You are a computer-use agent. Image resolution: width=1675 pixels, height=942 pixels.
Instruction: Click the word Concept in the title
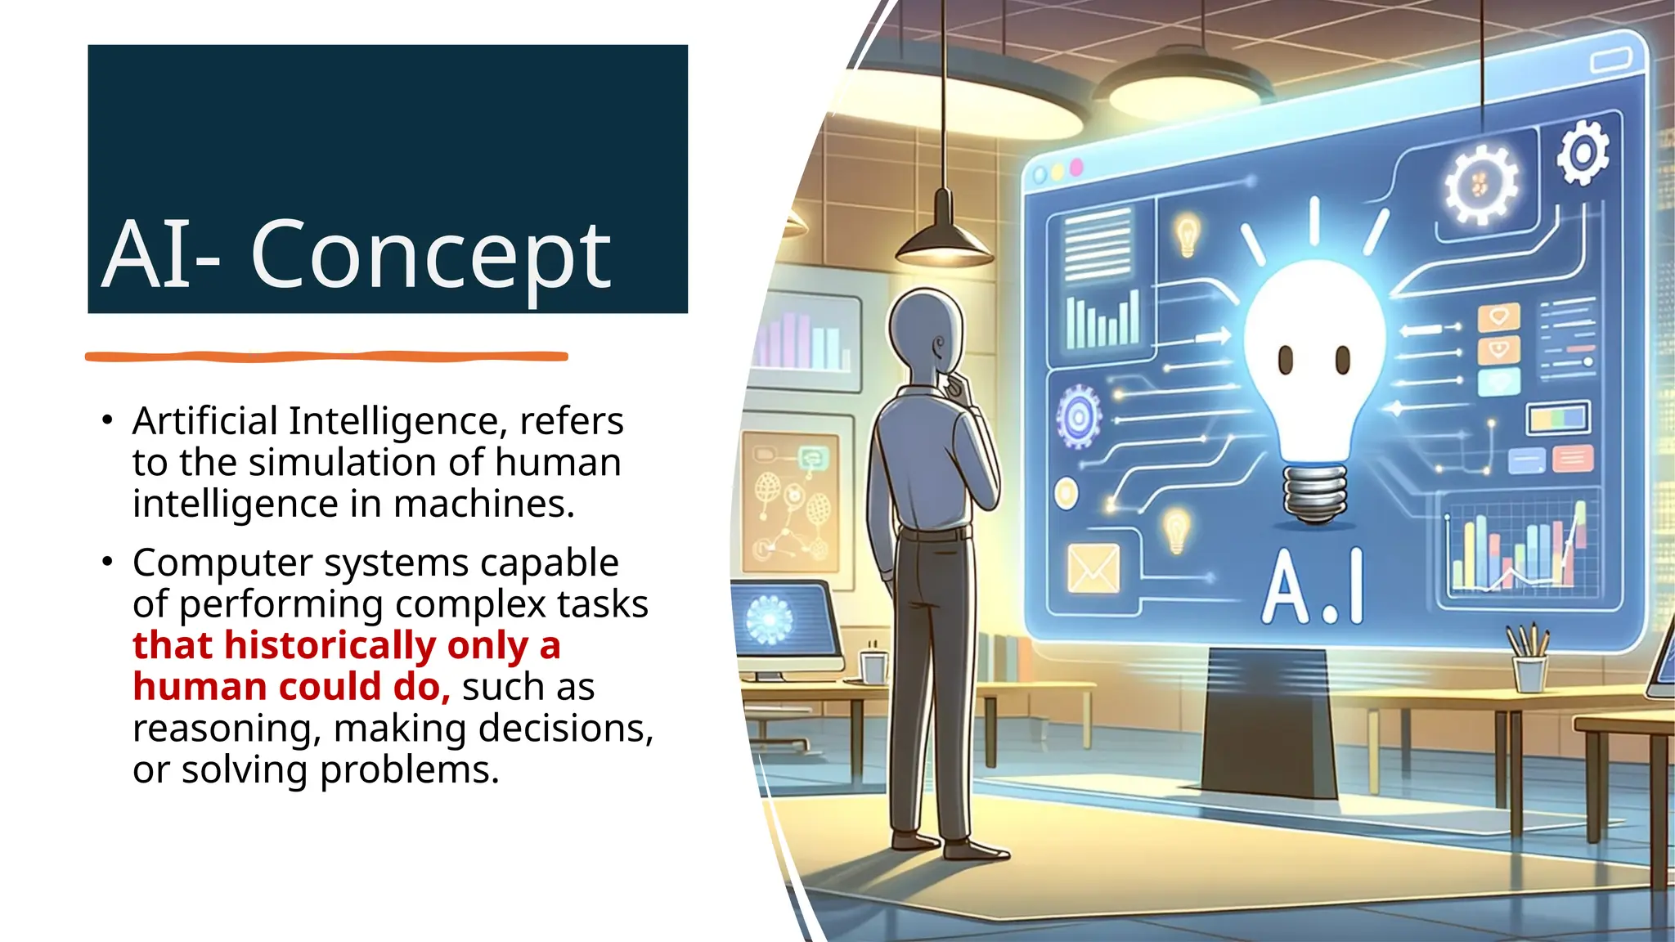pos(431,255)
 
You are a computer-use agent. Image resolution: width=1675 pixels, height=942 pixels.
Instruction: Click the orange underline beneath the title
pos(326,357)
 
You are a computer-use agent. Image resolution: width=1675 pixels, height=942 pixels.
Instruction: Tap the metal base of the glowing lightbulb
pos(1314,493)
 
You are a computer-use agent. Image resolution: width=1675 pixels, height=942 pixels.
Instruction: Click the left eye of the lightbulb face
pos(1285,360)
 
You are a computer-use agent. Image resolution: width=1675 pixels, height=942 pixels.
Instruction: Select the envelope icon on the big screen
pos(1094,568)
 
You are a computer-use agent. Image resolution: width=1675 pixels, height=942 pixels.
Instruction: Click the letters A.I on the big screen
pos(1314,585)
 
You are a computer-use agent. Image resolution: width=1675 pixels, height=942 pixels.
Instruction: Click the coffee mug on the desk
pos(873,666)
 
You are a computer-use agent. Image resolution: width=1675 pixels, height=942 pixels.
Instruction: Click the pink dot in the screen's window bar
pos(1076,167)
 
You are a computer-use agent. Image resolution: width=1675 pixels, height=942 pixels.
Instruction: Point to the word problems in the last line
pos(409,771)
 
